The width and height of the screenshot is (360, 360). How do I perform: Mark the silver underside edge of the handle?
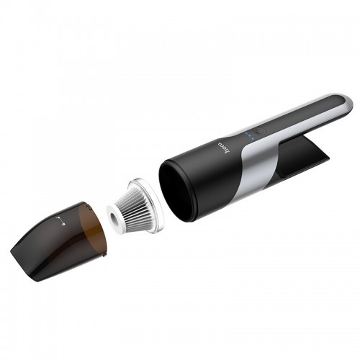(x=302, y=133)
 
